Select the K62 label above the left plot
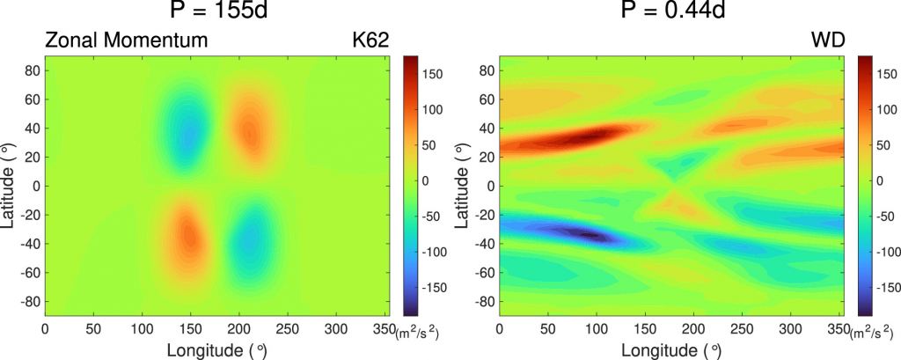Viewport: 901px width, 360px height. tap(370, 40)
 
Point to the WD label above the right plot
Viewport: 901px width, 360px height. tap(828, 40)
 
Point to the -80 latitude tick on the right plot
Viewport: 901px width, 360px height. tap(482, 301)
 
